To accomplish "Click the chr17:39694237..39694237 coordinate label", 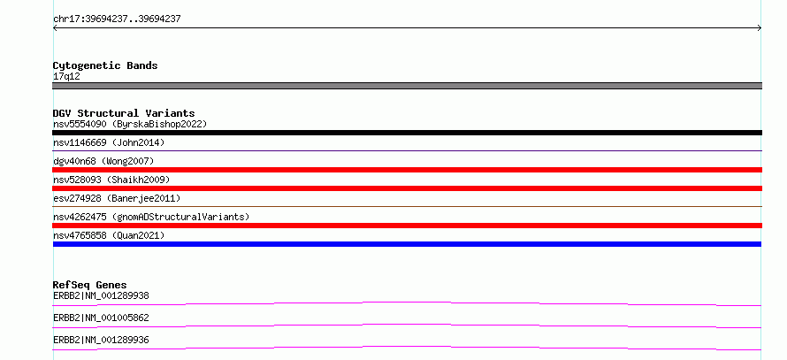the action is click(x=117, y=19).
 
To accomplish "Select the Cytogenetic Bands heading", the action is click(x=105, y=65).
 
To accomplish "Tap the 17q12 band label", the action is click(x=66, y=77).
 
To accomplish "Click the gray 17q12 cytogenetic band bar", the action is click(x=407, y=86).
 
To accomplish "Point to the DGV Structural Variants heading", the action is click(x=124, y=113).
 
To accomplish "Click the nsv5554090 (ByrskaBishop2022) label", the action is click(x=130, y=124).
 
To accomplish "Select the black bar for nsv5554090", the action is click(x=407, y=133).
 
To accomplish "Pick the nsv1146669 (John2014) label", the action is click(x=109, y=142).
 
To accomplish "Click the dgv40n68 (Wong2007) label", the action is click(x=103, y=161).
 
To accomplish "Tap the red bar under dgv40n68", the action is click(x=407, y=170).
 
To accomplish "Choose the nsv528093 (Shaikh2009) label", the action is click(x=111, y=180).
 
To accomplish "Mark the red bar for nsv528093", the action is click(x=407, y=188).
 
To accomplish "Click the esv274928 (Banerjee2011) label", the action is click(x=117, y=198).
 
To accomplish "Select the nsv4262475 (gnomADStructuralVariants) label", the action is click(x=151, y=217).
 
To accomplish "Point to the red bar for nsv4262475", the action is click(x=407, y=226).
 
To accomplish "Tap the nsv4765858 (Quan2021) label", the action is click(x=109, y=235).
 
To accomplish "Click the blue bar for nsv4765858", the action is click(x=407, y=244).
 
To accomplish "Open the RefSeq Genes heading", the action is click(x=90, y=285).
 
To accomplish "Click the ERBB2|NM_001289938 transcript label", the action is click(x=101, y=295).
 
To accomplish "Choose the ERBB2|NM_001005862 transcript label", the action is click(x=101, y=318).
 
